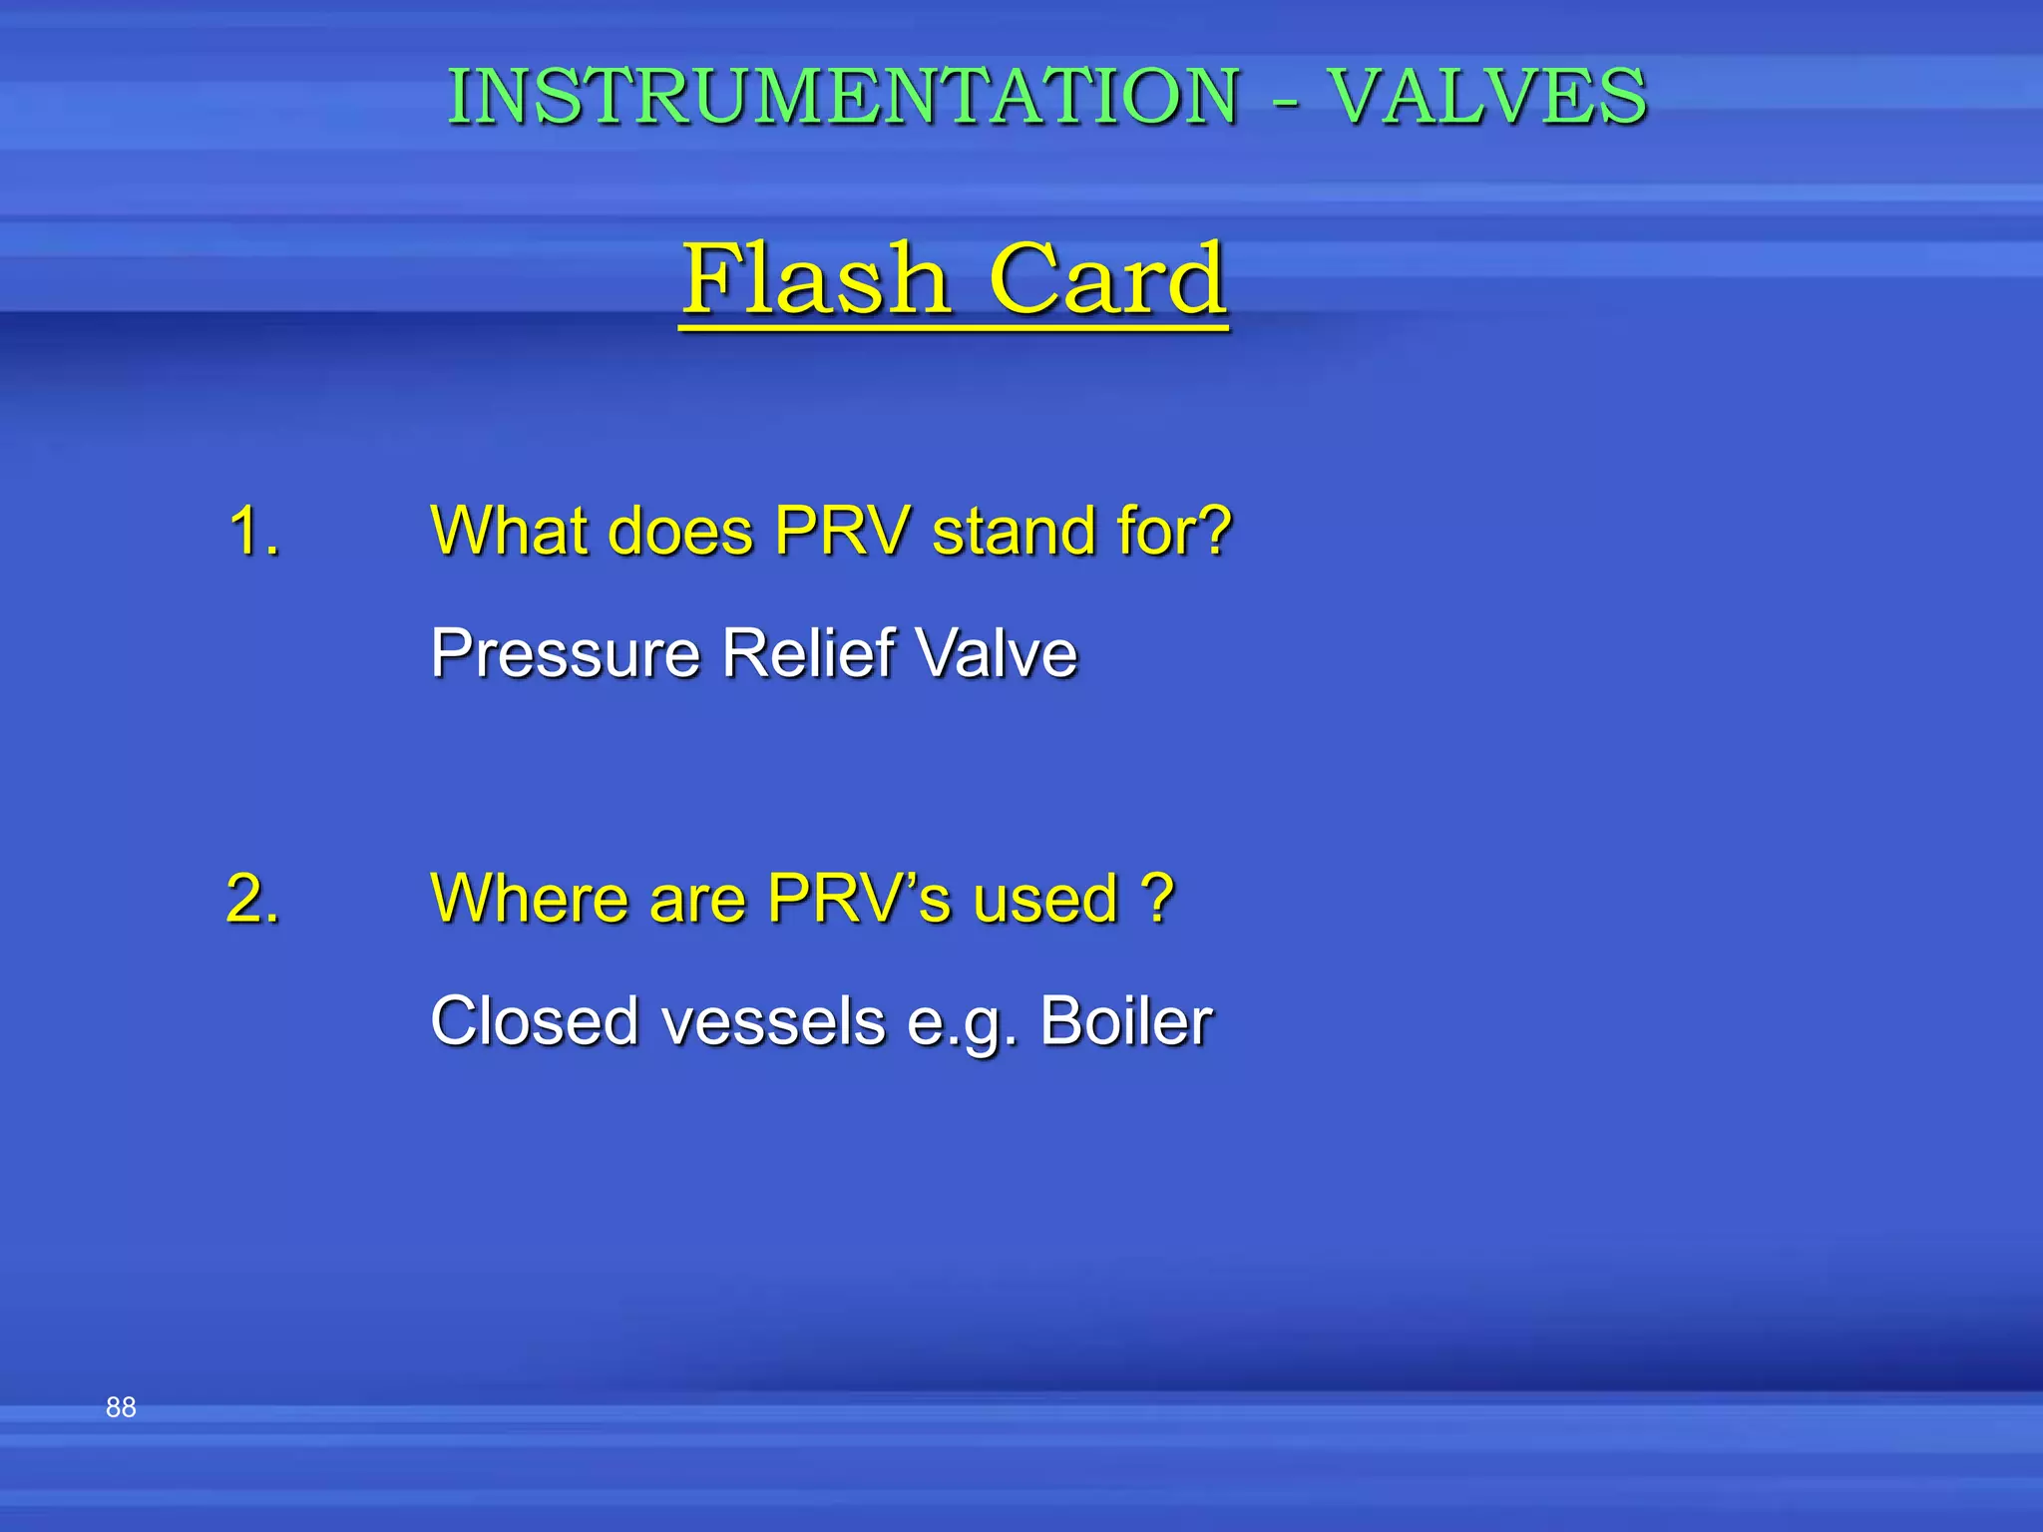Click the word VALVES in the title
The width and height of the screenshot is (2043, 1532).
1488,97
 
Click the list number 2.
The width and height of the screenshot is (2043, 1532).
252,898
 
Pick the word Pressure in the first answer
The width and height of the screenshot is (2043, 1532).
566,653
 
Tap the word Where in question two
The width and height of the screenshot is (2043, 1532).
529,898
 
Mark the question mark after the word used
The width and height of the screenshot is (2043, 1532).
1157,898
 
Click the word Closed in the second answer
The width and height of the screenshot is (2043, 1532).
534,1021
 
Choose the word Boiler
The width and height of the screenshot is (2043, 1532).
1125,1021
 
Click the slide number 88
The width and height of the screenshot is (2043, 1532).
121,1407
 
